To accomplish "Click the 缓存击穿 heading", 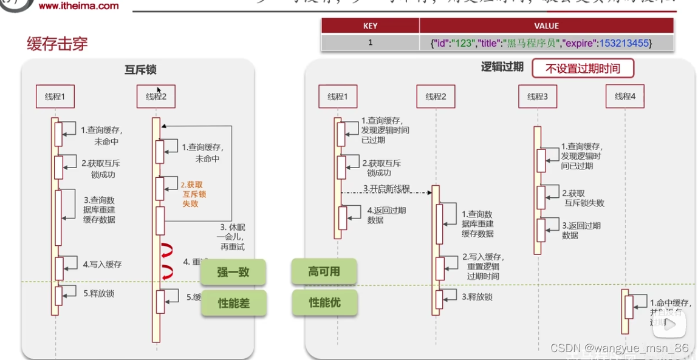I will (x=58, y=44).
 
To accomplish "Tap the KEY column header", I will (x=370, y=26).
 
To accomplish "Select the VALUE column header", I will (x=546, y=26).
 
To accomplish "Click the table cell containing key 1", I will (x=370, y=42).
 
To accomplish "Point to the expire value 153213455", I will (x=624, y=43).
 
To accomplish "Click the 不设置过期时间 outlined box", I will (x=583, y=69).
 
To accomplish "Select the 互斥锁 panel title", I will (x=140, y=70).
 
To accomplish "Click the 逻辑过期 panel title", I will (x=502, y=67).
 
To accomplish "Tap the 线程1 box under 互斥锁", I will (x=55, y=97).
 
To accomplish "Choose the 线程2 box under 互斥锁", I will (x=156, y=97).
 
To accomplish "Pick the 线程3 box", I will (x=538, y=97).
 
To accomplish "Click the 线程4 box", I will (x=624, y=97).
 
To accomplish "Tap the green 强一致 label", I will (x=233, y=272).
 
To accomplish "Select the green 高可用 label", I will (x=324, y=271).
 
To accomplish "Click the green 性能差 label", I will (x=233, y=303).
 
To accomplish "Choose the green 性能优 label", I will (x=324, y=302).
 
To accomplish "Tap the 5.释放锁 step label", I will (x=98, y=294).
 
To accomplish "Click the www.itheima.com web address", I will (x=78, y=6).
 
